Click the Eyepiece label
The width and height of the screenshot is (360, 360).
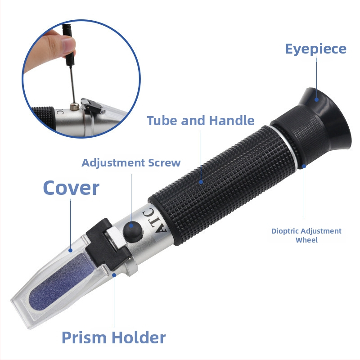point(316,49)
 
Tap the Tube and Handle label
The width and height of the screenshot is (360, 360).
point(201,121)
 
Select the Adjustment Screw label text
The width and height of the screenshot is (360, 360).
point(131,163)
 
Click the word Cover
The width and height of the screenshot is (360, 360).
point(71,188)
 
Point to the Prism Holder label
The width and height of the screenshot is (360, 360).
point(114,337)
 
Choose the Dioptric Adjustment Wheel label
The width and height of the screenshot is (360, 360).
point(306,235)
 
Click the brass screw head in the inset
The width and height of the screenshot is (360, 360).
point(75,107)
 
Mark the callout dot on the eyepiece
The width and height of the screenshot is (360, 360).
point(317,99)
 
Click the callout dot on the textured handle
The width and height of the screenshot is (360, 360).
point(201,182)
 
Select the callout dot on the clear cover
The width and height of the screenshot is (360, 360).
point(71,250)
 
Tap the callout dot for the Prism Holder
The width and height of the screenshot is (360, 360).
point(114,275)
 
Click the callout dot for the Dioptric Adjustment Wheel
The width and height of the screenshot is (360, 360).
point(304,166)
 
